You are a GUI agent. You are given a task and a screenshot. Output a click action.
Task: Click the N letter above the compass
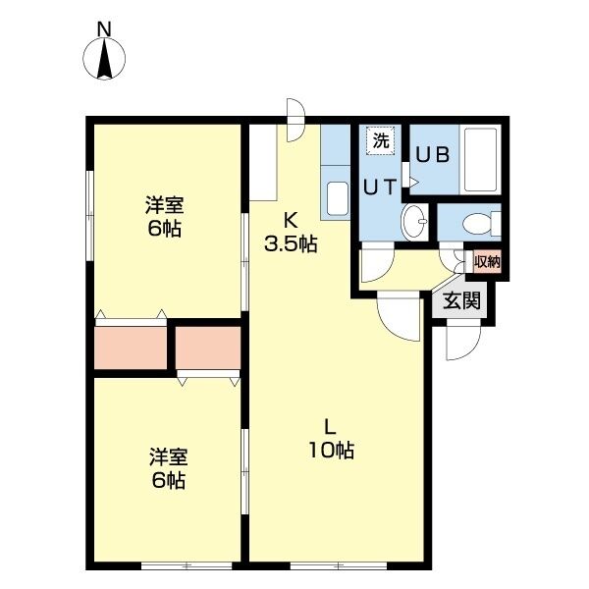(x=104, y=29)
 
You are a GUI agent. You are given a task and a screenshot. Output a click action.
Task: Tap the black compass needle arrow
(x=104, y=60)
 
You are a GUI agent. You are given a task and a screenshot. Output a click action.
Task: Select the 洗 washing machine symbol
(x=381, y=140)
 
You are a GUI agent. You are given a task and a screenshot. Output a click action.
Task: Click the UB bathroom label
(x=432, y=155)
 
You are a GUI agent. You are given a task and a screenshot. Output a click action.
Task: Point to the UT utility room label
(x=380, y=187)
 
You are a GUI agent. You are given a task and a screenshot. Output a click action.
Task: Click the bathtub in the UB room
(x=480, y=160)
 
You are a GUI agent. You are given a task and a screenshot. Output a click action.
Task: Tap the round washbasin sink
(x=414, y=222)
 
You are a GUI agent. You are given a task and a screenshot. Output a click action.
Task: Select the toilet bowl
(x=482, y=224)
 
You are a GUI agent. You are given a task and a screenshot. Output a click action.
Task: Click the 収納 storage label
(x=487, y=261)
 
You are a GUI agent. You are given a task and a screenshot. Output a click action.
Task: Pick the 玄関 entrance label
(x=461, y=301)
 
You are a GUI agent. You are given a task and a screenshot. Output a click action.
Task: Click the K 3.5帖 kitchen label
(x=291, y=232)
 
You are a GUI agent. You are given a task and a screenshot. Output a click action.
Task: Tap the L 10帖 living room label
(x=331, y=439)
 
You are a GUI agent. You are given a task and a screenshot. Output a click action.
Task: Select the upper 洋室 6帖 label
(x=165, y=217)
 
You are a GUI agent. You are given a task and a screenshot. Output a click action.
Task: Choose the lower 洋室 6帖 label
(x=168, y=468)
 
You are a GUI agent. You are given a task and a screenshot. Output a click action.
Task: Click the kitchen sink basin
(x=338, y=198)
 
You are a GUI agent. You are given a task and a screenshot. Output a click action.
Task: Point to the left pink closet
(x=131, y=348)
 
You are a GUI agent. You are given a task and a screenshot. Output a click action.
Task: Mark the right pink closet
(x=208, y=348)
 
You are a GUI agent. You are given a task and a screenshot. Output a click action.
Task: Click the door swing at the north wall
(x=295, y=120)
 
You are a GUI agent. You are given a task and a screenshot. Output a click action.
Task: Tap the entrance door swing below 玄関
(x=463, y=341)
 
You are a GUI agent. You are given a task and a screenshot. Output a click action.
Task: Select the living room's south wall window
(x=339, y=564)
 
